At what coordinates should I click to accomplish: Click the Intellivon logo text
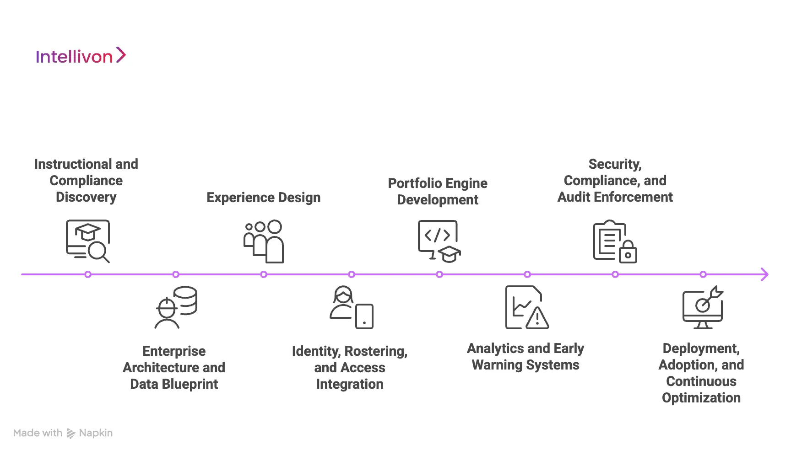[x=74, y=57]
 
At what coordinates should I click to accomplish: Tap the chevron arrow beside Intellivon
[x=121, y=55]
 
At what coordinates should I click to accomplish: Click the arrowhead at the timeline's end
[x=764, y=274]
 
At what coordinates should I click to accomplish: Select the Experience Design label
[x=263, y=198]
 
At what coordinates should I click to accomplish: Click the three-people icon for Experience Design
[x=264, y=241]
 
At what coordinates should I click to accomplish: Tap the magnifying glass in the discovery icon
[x=99, y=252]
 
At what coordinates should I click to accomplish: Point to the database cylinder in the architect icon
[x=185, y=300]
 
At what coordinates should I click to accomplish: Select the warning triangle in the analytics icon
[x=537, y=318]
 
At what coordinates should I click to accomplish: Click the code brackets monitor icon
[x=437, y=239]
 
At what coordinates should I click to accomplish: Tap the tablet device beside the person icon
[x=364, y=316]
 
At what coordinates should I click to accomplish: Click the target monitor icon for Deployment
[x=702, y=307]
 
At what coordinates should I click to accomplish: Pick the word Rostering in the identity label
[x=375, y=351]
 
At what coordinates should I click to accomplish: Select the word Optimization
[x=701, y=398]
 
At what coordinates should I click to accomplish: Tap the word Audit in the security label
[x=574, y=197]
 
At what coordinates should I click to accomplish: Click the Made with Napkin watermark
[x=63, y=433]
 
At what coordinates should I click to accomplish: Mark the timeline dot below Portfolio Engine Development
[x=439, y=274]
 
